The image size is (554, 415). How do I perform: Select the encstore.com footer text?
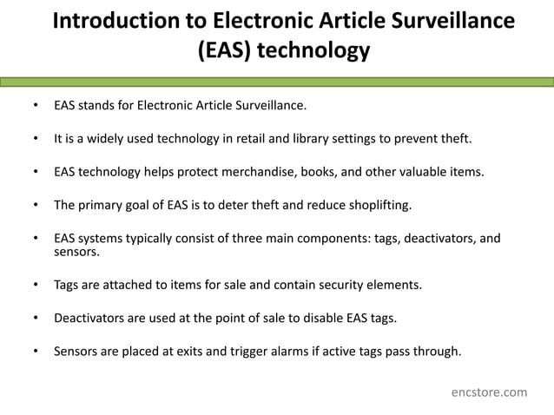click(489, 392)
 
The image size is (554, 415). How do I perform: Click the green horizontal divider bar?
click(277, 82)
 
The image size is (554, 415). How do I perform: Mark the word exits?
click(207, 351)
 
